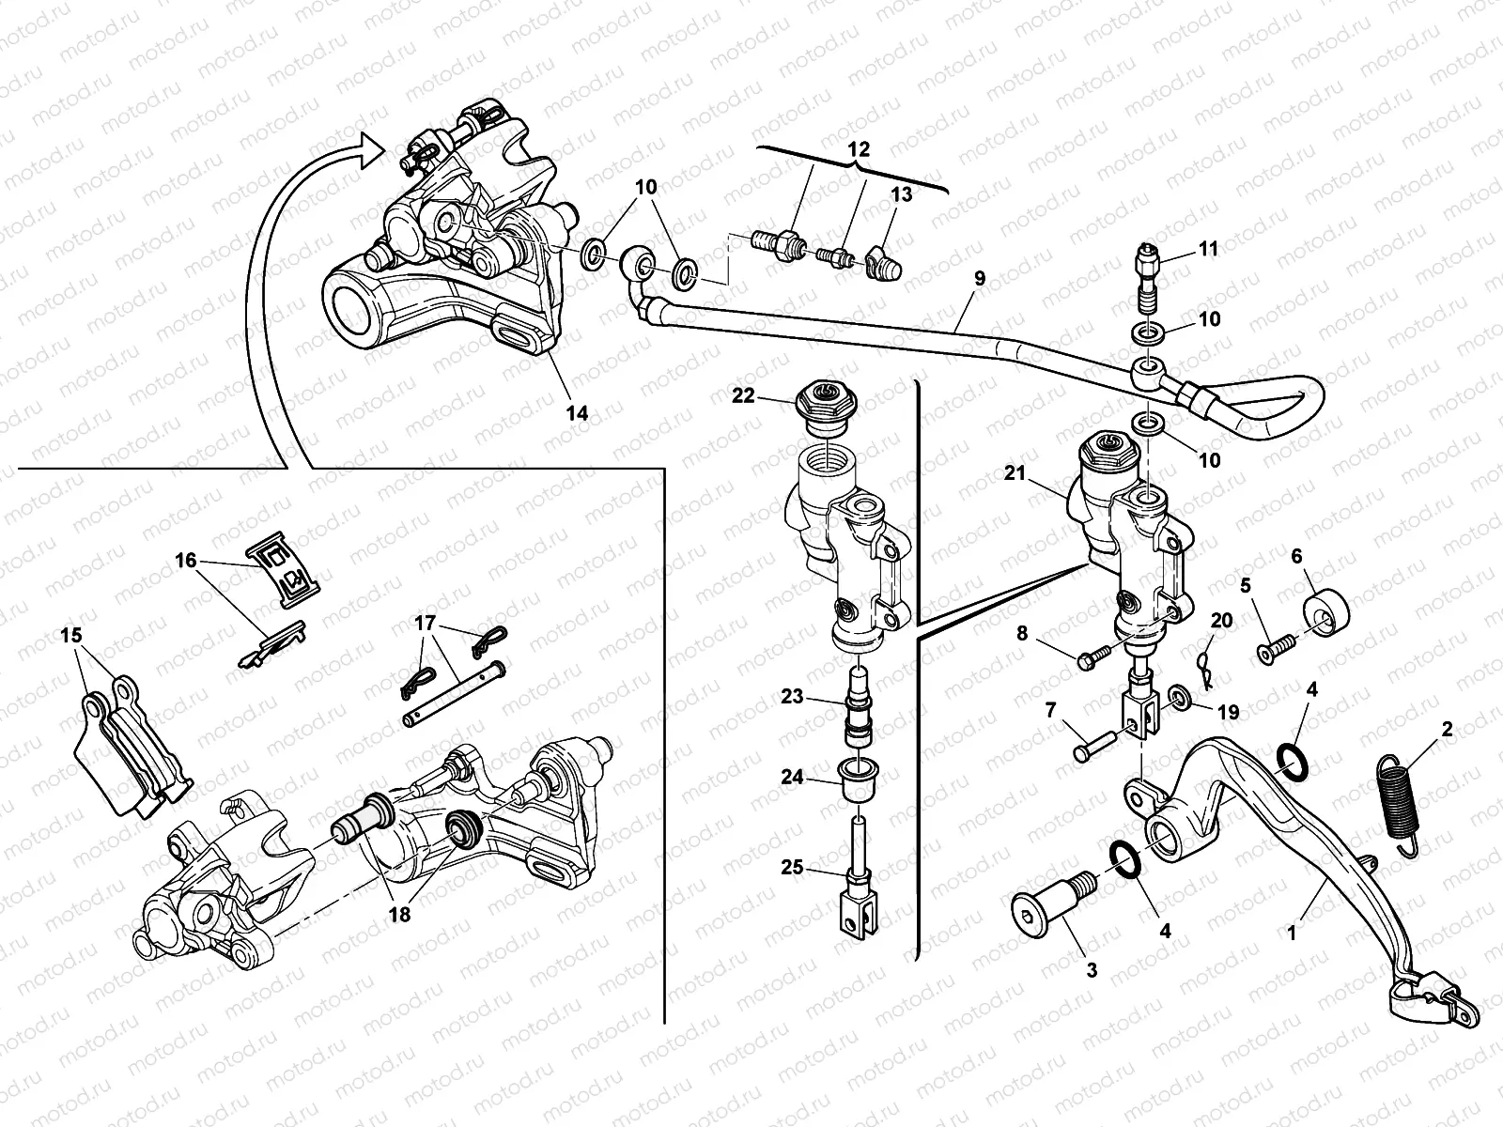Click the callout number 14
click(x=577, y=412)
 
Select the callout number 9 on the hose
click(x=980, y=278)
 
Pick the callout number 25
click(x=792, y=867)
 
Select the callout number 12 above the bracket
click(x=859, y=149)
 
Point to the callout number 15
click(x=70, y=636)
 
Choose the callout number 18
click(x=399, y=913)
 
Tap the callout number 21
click(x=1014, y=473)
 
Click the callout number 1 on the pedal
click(x=1292, y=934)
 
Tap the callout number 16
click(x=185, y=561)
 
